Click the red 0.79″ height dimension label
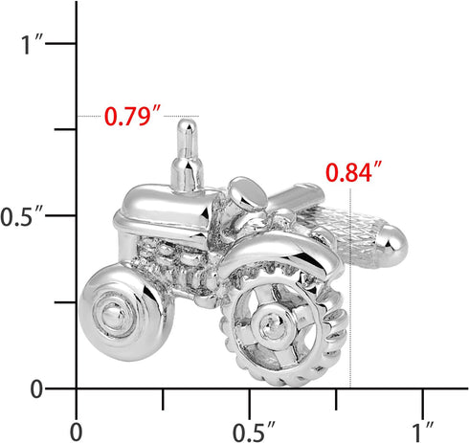(x=133, y=116)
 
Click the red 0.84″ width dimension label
(x=353, y=172)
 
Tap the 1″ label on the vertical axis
(x=32, y=44)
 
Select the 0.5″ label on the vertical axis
(x=21, y=216)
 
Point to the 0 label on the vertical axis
(x=36, y=389)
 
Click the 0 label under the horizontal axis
(x=76, y=432)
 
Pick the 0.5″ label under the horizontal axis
(x=254, y=432)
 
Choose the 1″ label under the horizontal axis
(x=423, y=432)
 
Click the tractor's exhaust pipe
(x=188, y=155)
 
